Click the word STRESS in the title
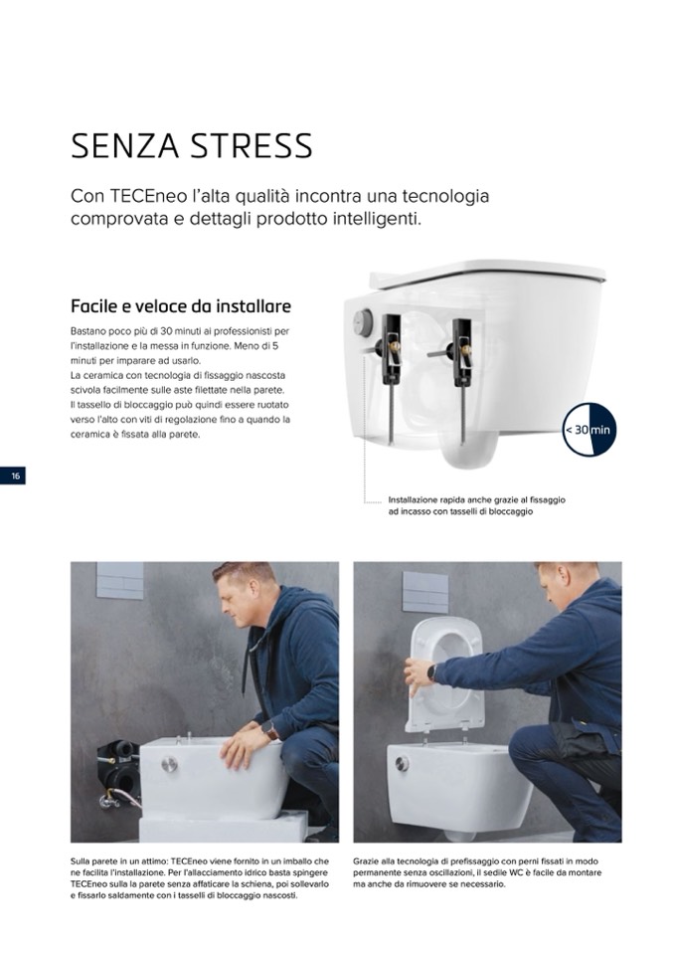pos(252,146)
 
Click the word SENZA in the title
pos(125,146)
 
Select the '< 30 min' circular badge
pos(589,429)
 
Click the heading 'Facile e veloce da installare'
pos(181,305)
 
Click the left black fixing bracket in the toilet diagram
pos(390,349)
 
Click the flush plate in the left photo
pos(119,580)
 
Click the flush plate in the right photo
pos(425,592)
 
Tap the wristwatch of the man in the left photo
pos(269,729)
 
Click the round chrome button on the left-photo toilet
pos(170,764)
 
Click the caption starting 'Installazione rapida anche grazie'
pos(476,505)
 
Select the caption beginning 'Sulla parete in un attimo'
pos(200,878)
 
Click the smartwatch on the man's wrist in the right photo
pos(431,672)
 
